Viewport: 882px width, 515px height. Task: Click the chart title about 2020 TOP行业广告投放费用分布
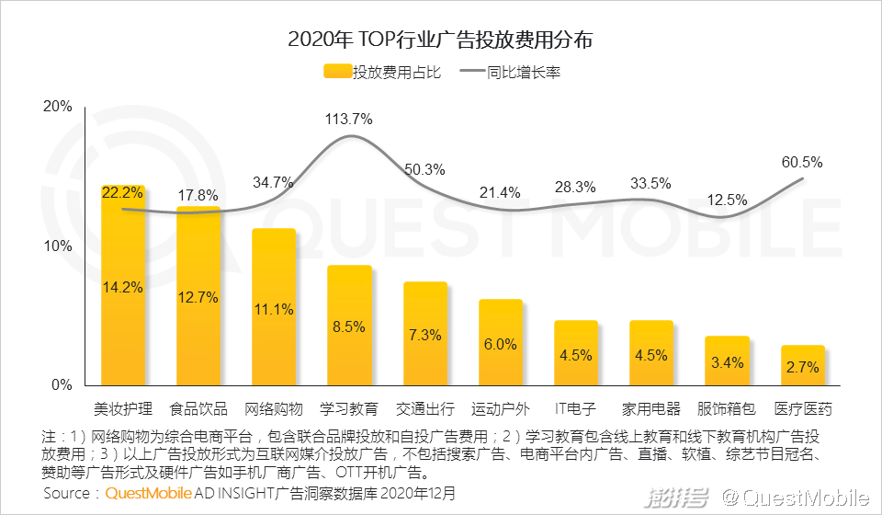point(440,40)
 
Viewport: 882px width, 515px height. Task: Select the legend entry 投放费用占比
point(382,73)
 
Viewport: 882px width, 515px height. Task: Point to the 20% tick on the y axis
point(58,107)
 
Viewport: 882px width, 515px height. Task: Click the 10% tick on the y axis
point(58,246)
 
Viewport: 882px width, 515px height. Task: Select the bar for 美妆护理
point(123,285)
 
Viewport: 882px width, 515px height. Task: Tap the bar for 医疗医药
point(803,365)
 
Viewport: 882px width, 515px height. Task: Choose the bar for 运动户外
point(501,342)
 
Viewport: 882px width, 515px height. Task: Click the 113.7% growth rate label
point(348,119)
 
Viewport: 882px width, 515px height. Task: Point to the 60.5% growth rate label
point(802,162)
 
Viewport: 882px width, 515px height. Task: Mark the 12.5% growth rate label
point(728,200)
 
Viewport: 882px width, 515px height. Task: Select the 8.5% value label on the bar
point(349,326)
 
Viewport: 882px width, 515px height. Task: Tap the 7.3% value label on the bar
point(424,335)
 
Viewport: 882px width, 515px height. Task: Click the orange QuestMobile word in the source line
point(149,494)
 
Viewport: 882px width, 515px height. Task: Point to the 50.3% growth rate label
point(424,169)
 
